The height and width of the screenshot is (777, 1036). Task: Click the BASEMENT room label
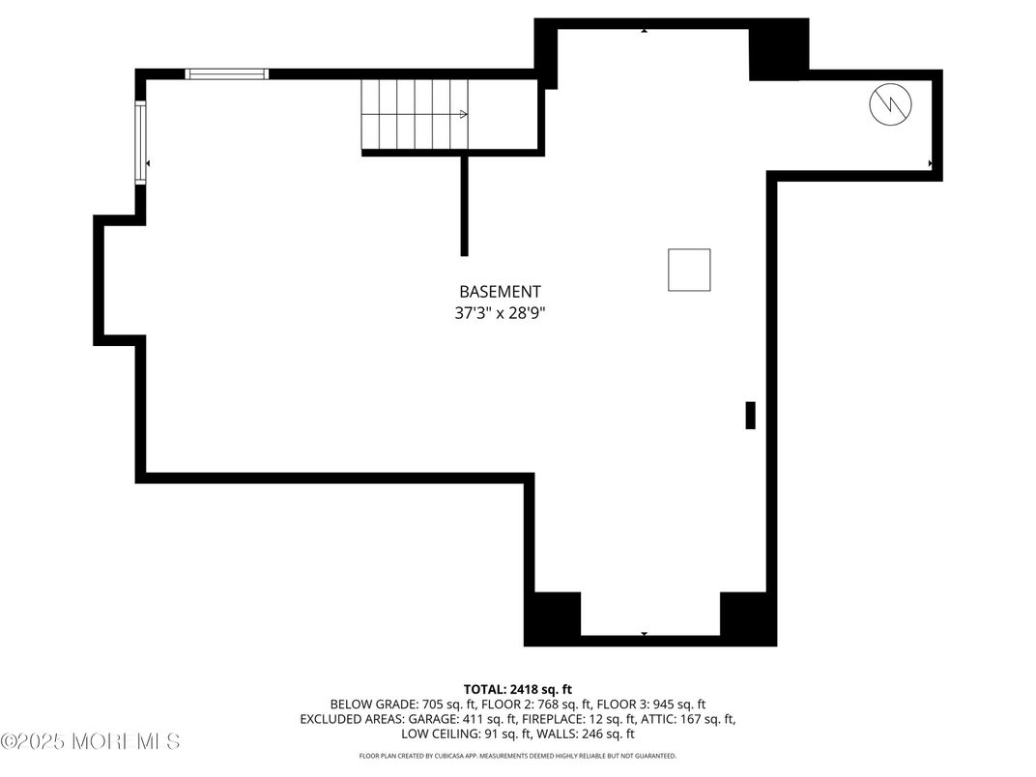pyautogui.click(x=499, y=291)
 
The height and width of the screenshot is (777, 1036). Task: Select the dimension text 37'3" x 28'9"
pyautogui.click(x=499, y=312)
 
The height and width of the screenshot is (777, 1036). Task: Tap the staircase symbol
pyautogui.click(x=415, y=114)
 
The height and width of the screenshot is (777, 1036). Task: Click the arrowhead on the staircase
pyautogui.click(x=464, y=114)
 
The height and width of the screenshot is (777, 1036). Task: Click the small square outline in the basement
pyautogui.click(x=688, y=270)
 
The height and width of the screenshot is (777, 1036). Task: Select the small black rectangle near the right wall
pyautogui.click(x=750, y=415)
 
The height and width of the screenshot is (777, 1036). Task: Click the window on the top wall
pyautogui.click(x=227, y=73)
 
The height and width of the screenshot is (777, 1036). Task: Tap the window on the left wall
pyautogui.click(x=140, y=143)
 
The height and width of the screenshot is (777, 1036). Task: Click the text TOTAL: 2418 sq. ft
pyautogui.click(x=518, y=689)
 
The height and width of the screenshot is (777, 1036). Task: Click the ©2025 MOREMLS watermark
pyautogui.click(x=90, y=741)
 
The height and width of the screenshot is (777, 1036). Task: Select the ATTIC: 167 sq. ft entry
pyautogui.click(x=688, y=719)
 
